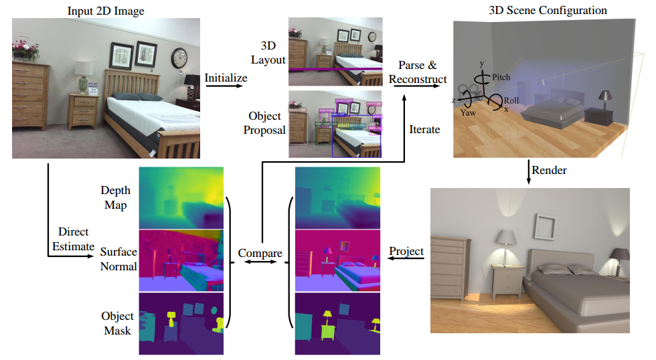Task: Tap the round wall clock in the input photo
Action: pos(179,58)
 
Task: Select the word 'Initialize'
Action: pos(226,78)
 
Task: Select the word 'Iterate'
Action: pos(424,129)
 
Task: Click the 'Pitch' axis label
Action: pos(501,77)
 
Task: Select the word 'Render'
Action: pos(549,170)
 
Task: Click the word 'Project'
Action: pos(406,252)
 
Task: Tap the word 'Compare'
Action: pos(260,254)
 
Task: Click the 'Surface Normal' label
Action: pos(118,260)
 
